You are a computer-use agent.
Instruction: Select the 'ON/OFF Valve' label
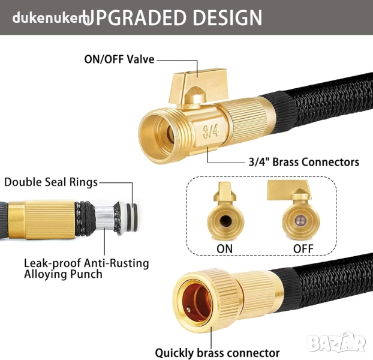(119, 59)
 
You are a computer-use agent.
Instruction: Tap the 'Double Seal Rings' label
(51, 182)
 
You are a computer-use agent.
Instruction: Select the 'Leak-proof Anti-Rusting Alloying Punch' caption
(86, 268)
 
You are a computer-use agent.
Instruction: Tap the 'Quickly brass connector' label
(217, 353)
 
